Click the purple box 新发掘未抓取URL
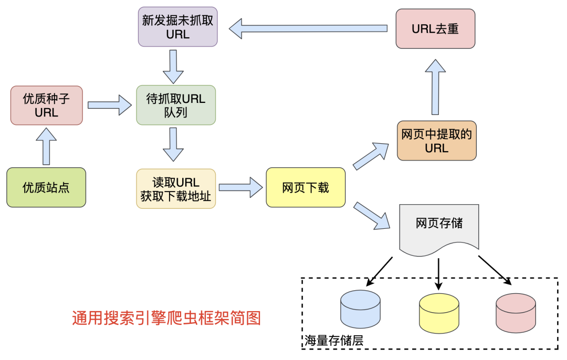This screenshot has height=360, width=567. (177, 27)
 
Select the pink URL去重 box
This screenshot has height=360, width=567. (435, 29)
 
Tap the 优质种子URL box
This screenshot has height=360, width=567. (47, 105)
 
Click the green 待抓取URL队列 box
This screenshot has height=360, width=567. (176, 105)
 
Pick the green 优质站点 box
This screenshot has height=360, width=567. (46, 187)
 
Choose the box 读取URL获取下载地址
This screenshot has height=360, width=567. (176, 189)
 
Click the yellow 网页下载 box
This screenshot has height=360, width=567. (306, 187)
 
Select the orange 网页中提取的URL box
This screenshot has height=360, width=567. (437, 141)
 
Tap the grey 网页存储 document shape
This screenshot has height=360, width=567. (439, 225)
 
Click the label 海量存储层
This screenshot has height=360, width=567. (334, 341)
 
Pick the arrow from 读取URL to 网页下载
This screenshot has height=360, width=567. (240, 187)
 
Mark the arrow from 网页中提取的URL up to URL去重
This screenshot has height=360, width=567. (435, 87)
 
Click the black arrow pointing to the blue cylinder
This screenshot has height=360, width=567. (379, 271)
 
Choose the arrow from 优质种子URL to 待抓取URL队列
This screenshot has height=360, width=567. (109, 105)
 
